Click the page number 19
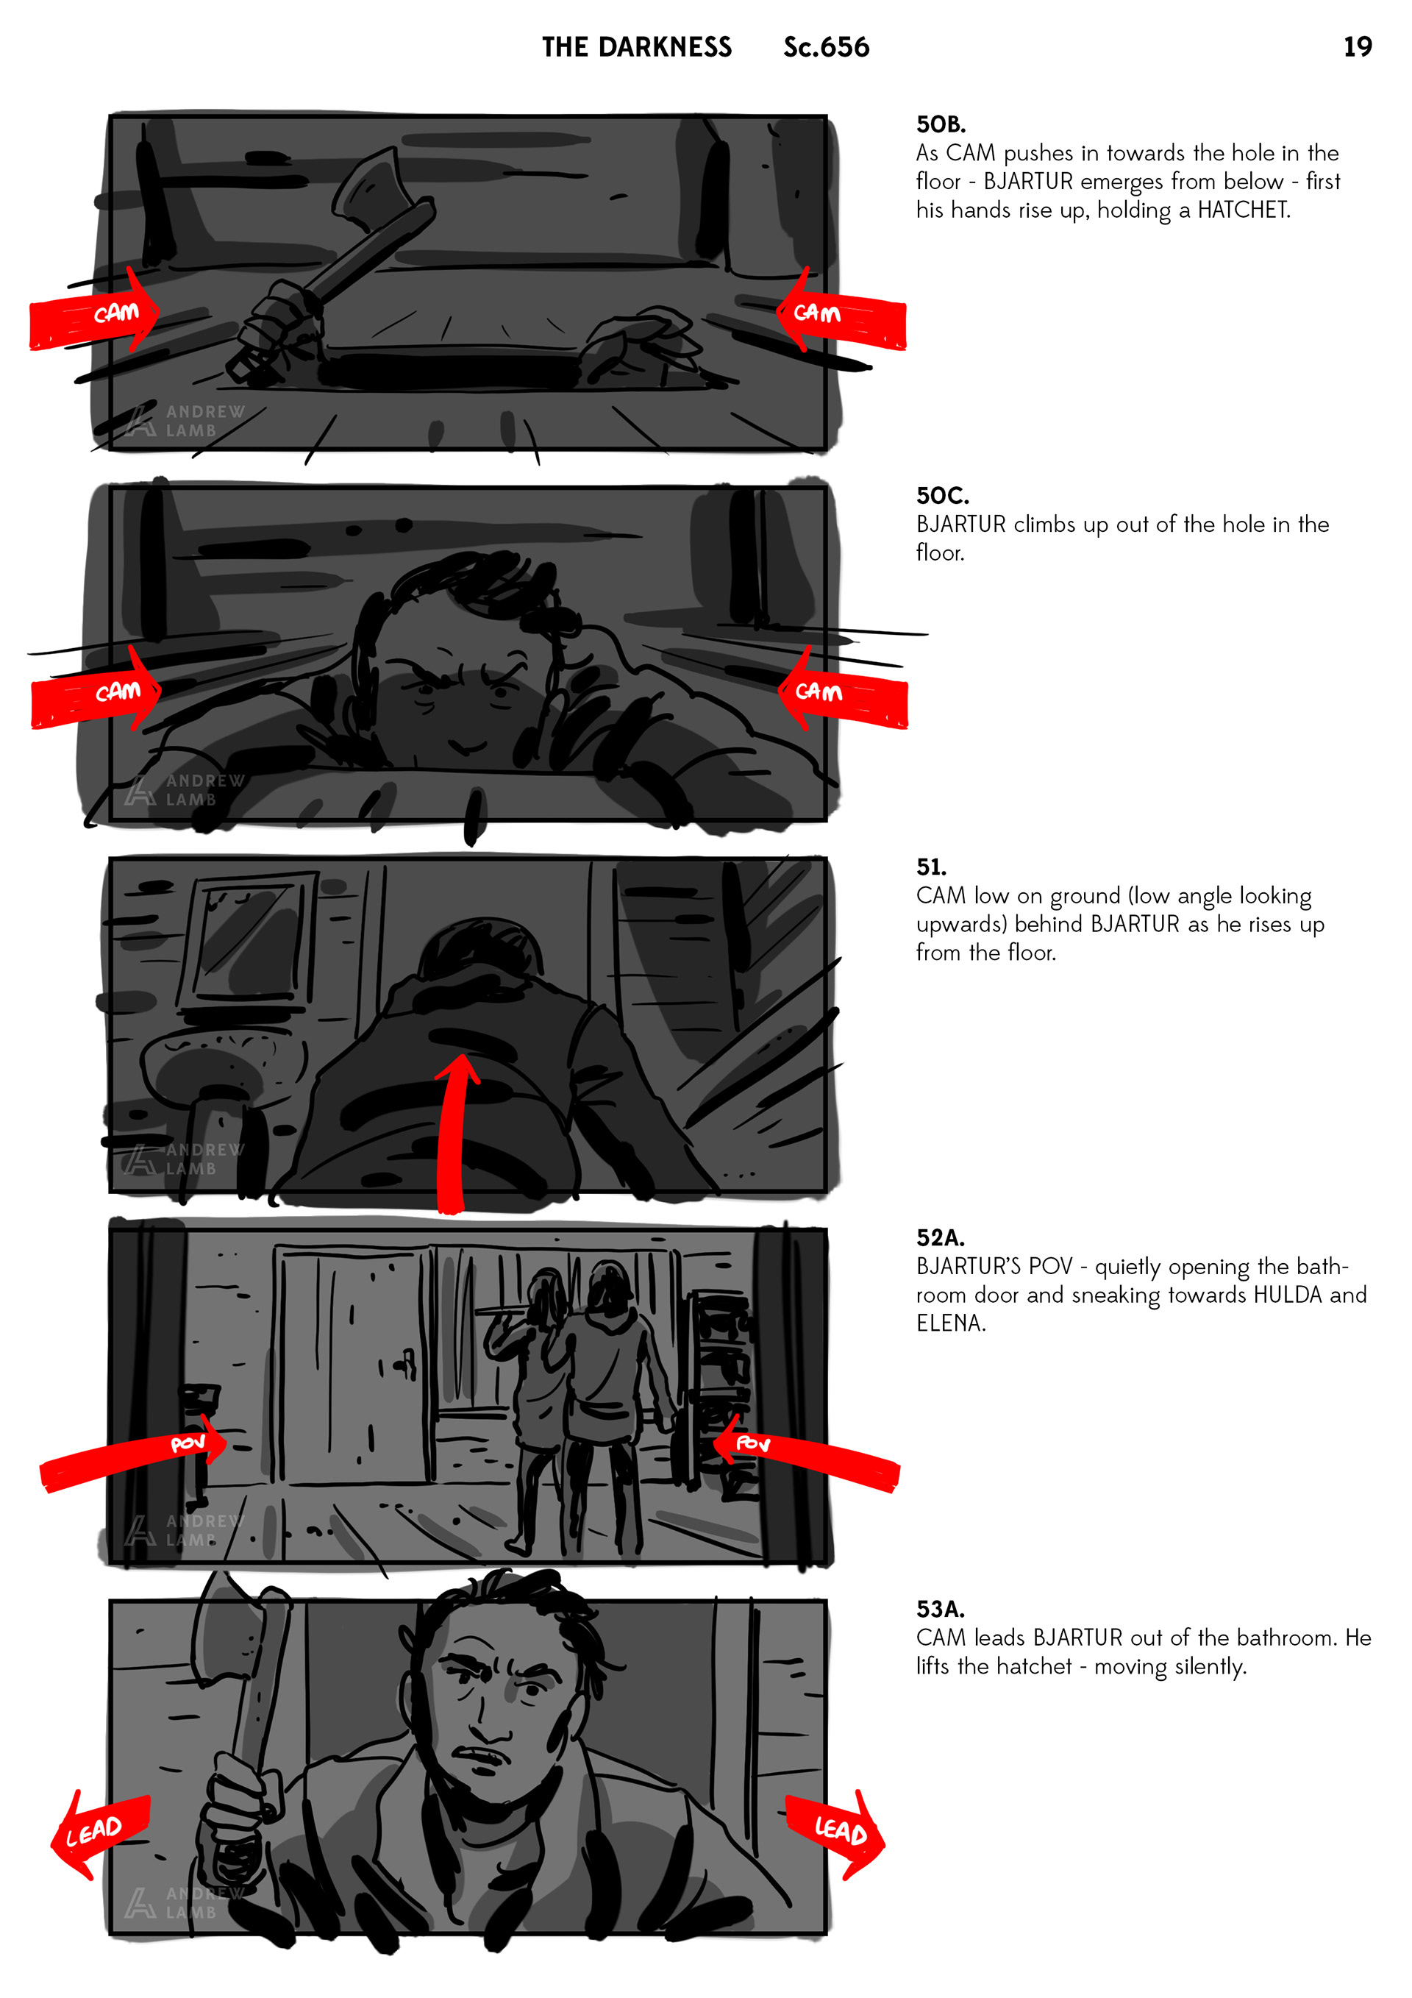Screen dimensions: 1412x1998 coord(1357,47)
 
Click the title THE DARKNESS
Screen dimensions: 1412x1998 coord(637,47)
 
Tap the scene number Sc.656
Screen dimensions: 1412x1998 coord(826,47)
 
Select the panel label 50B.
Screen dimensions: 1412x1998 coord(941,124)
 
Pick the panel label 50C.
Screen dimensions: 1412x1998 coord(942,496)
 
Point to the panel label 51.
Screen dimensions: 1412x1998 coord(931,867)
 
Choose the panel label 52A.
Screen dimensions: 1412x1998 coord(941,1238)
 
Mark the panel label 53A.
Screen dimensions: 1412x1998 coord(941,1610)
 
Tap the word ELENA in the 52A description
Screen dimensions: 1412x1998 coord(950,1323)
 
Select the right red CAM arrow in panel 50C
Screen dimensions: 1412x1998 coord(842,692)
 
